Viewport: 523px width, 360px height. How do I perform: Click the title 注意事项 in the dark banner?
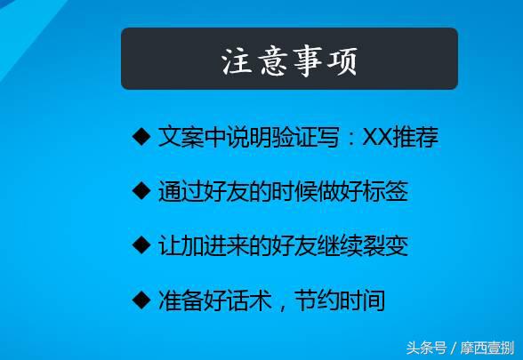(289, 60)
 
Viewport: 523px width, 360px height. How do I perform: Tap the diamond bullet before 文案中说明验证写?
(141, 137)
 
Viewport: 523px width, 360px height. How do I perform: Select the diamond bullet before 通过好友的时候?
(141, 190)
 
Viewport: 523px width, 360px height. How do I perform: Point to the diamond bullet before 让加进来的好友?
(141, 244)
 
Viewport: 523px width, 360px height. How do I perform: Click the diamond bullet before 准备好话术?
(141, 300)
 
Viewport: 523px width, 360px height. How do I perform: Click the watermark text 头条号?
(426, 348)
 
